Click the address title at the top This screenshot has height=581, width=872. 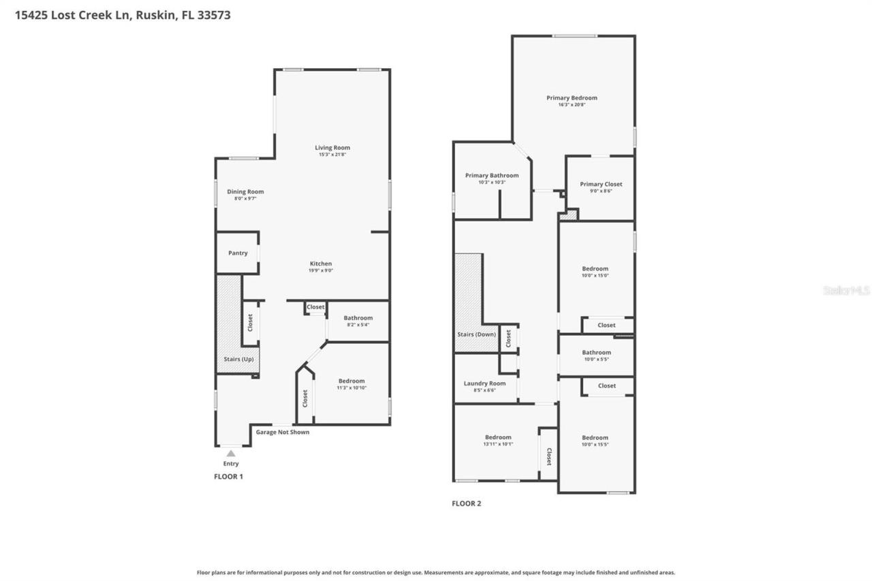(x=123, y=14)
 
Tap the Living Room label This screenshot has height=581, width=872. (x=332, y=148)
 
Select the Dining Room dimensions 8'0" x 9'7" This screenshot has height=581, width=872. (x=245, y=199)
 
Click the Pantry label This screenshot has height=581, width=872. (x=238, y=253)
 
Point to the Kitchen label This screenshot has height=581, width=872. (x=321, y=264)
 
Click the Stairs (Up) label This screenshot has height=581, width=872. (x=238, y=358)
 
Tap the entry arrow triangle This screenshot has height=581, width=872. (x=231, y=454)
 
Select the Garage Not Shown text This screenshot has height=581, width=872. (x=282, y=432)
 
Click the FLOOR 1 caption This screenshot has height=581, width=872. (x=228, y=477)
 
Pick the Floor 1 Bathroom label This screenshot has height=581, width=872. (x=358, y=318)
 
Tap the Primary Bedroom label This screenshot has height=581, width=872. (x=572, y=98)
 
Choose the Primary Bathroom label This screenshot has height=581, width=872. (x=492, y=176)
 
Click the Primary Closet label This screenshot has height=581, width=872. (x=601, y=184)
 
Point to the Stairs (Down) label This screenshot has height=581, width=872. (x=476, y=335)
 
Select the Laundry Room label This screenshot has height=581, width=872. (x=484, y=383)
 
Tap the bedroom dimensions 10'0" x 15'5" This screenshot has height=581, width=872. (x=595, y=444)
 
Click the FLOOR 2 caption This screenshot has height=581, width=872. (x=467, y=504)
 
